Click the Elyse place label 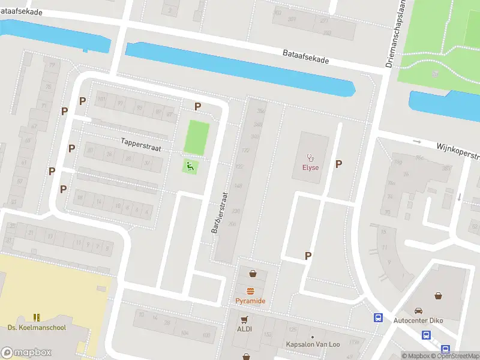click(x=310, y=167)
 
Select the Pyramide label click(x=250, y=301)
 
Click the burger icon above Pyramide click(x=250, y=290)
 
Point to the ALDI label click(x=244, y=329)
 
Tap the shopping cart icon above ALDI click(x=244, y=319)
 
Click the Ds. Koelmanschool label click(x=37, y=327)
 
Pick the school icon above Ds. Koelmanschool click(x=37, y=316)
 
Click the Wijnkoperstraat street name click(x=458, y=151)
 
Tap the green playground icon click(x=191, y=166)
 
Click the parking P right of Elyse click(x=339, y=164)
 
